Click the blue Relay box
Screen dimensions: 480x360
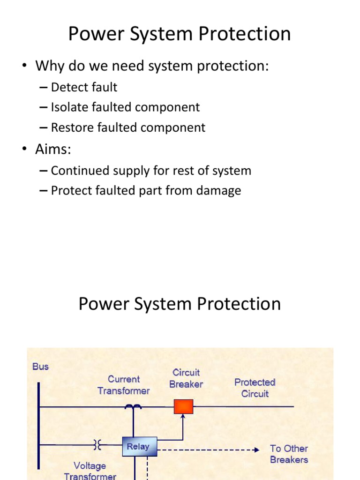click(x=139, y=446)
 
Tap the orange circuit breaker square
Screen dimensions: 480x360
click(x=183, y=406)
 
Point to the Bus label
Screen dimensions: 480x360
click(x=40, y=367)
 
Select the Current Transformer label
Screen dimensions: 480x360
click(x=124, y=385)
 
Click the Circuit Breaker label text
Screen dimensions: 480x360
click(x=186, y=378)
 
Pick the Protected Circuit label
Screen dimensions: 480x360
click(x=255, y=388)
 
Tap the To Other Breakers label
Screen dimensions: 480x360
click(x=289, y=454)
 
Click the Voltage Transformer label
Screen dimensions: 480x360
click(x=90, y=471)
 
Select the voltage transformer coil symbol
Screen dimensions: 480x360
click(x=97, y=445)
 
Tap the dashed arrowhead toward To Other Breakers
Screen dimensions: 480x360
click(x=256, y=450)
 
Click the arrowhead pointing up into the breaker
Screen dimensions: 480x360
click(x=183, y=417)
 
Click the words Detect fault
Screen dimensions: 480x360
click(x=84, y=87)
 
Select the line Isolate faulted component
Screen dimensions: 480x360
click(x=125, y=107)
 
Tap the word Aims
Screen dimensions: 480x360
click(x=53, y=149)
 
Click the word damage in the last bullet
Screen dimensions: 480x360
click(x=218, y=191)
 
